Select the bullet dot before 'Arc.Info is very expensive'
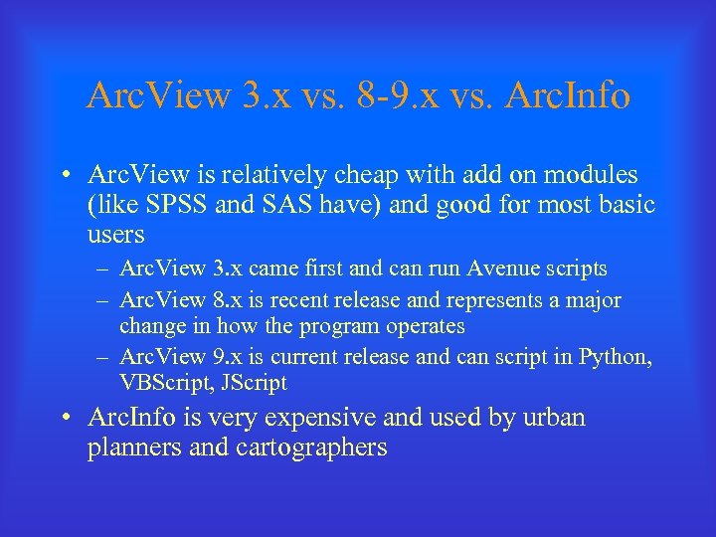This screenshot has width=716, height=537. (x=65, y=419)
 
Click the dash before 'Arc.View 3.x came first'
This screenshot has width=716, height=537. (x=103, y=269)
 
